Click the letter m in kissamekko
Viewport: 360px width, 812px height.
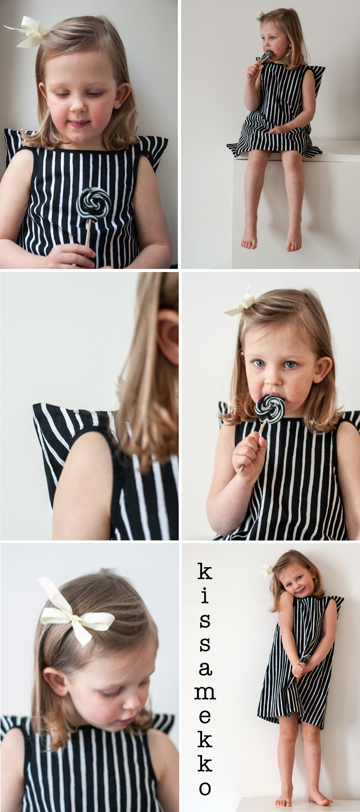(x=205, y=693)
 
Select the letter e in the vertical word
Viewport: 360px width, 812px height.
(x=205, y=716)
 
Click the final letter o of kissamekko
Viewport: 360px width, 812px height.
(x=205, y=788)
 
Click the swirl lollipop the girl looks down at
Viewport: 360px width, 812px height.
(x=94, y=203)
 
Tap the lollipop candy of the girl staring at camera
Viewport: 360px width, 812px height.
(x=269, y=409)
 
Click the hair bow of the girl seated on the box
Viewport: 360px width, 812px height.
(x=261, y=15)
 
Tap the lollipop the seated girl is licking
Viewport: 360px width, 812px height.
(x=266, y=57)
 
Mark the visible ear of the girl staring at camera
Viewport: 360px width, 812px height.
(x=323, y=370)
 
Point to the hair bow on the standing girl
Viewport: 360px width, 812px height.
(x=267, y=570)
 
